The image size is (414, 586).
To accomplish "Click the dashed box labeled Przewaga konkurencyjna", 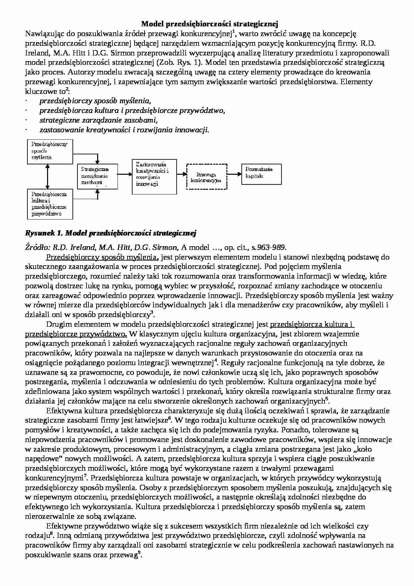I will pos(207,177).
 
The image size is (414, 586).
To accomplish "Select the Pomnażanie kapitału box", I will pos(261,174).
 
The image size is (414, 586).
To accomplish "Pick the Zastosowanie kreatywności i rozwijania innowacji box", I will pos(154,177).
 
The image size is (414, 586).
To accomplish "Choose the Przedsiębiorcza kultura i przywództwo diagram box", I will pos(50,204).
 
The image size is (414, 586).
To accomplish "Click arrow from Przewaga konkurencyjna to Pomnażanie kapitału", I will pos(234,174).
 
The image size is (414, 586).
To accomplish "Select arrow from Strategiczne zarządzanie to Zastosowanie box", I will pos(125,174).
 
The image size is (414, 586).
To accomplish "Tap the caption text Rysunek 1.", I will pos(43,233).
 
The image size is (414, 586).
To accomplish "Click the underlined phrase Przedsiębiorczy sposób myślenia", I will pos(101,257).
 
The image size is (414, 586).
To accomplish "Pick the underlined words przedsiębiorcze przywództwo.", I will pos(75,334).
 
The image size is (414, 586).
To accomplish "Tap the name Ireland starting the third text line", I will pos(34,53).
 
